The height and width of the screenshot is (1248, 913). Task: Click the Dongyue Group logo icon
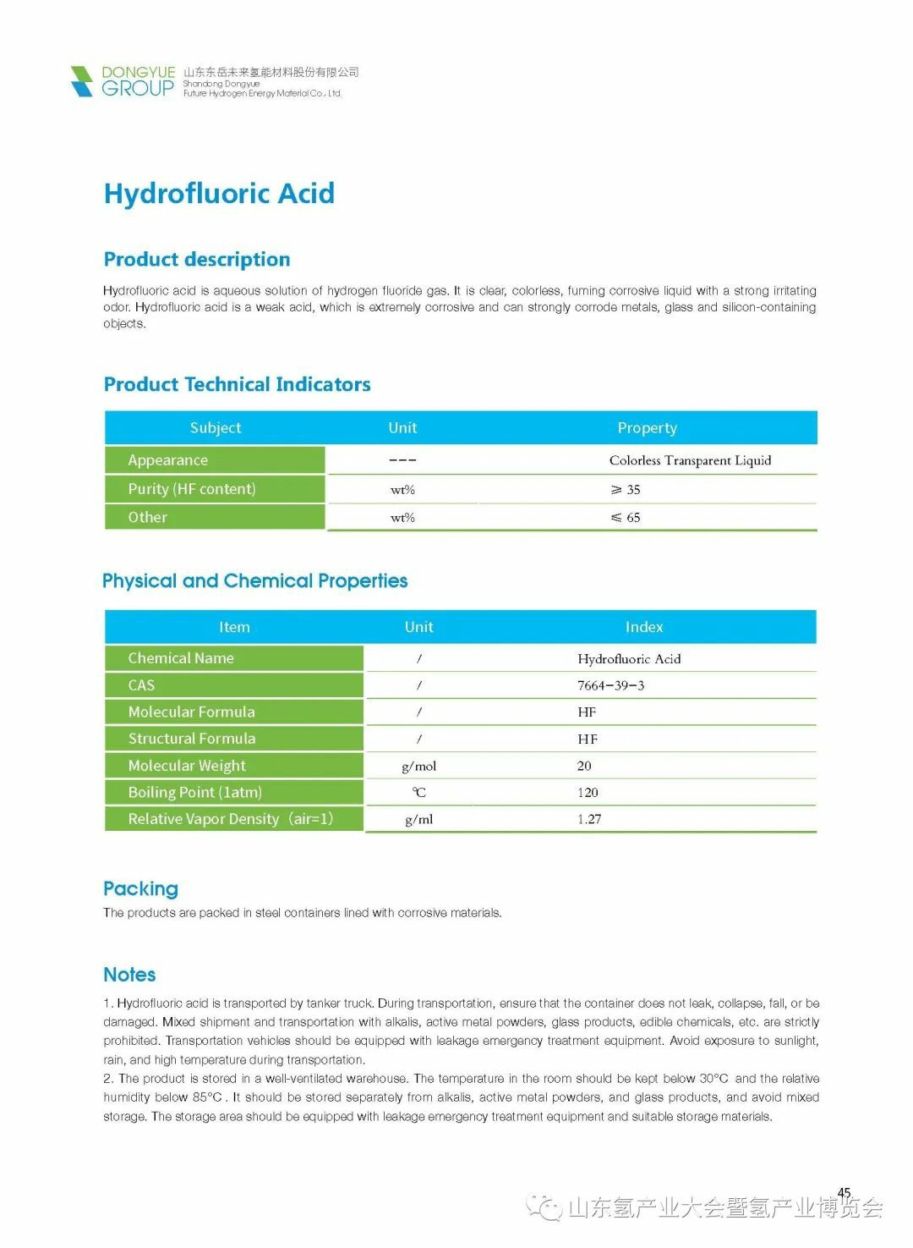pos(82,81)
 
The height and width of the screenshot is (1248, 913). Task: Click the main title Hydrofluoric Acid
pos(219,194)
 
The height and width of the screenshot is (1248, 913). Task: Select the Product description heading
pos(197,260)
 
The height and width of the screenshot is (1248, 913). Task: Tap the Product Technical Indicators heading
pos(237,385)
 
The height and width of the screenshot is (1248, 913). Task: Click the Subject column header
pos(216,428)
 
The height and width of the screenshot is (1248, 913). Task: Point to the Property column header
pos(647,428)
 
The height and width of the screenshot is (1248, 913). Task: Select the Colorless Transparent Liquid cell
pos(690,460)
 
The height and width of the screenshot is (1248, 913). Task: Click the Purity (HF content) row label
pos(192,489)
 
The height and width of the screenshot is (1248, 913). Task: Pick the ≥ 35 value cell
pos(626,490)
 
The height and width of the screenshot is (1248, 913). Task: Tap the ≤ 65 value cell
pos(626,518)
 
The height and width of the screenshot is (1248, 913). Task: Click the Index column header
pos(644,627)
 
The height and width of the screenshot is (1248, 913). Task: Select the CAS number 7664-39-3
pos(610,685)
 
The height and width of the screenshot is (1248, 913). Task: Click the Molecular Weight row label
pos(187,766)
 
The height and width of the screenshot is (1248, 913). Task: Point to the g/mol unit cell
pos(419,767)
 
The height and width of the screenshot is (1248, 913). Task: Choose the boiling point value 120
pos(588,793)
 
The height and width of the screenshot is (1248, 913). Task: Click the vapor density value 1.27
pos(589,819)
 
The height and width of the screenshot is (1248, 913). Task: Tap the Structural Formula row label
pos(192,739)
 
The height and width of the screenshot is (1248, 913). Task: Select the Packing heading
pos(140,888)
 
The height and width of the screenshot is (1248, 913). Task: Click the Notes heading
pos(129,975)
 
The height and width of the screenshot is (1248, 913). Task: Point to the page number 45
pos(844,1193)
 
